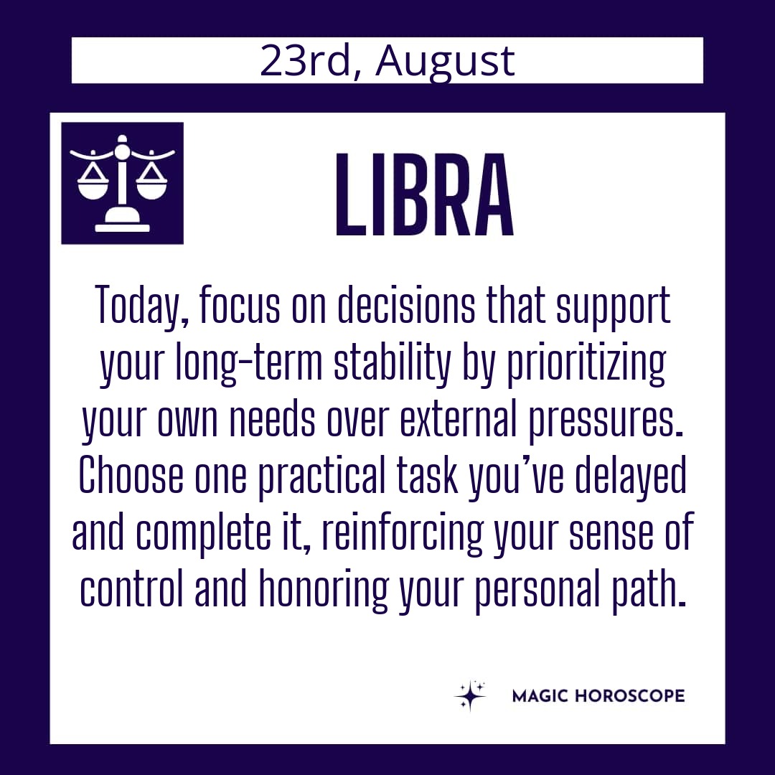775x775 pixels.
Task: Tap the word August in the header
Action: coord(445,62)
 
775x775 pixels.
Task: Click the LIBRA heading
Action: coord(425,194)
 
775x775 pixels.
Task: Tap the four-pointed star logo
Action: coord(470,695)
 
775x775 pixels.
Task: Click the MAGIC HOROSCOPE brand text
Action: coord(598,696)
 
